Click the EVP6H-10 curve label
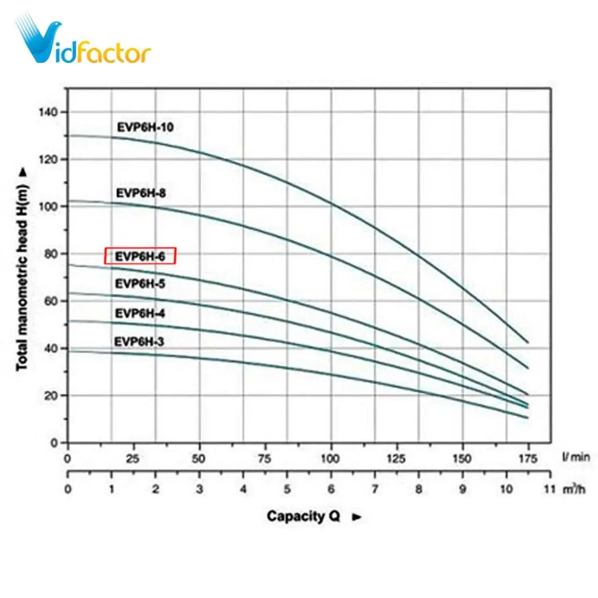point(145,127)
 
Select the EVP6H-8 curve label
point(141,193)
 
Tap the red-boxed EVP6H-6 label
point(140,256)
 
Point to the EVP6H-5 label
point(140,283)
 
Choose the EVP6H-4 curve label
point(140,313)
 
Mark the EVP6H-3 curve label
point(139,342)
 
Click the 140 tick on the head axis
point(48,112)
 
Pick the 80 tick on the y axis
point(51,254)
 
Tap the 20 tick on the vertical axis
point(51,395)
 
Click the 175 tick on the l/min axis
point(527,458)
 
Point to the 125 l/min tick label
point(396,458)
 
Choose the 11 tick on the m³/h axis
point(550,489)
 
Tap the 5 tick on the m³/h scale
point(287,489)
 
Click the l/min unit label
point(576,457)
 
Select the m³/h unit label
point(574,489)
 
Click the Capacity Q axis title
point(303,516)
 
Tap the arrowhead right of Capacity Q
point(357,517)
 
